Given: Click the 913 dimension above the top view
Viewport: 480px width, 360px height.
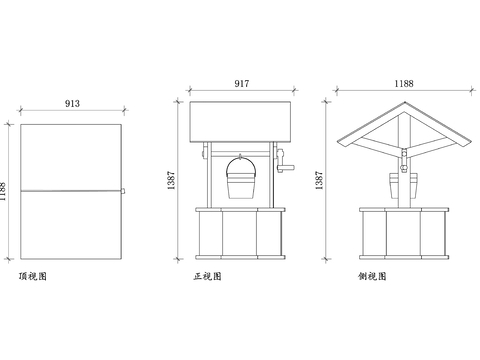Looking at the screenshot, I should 72,103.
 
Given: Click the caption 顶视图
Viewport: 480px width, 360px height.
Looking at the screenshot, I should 32,275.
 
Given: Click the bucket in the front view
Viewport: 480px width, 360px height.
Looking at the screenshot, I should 240,187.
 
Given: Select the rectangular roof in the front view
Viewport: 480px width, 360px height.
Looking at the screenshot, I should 240,120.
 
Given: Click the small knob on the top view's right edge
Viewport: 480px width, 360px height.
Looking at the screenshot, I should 123,190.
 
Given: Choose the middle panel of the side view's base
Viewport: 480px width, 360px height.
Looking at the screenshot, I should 403,235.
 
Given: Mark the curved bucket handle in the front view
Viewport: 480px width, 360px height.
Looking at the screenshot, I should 240,161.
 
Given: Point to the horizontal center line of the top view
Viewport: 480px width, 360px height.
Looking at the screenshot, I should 70,190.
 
